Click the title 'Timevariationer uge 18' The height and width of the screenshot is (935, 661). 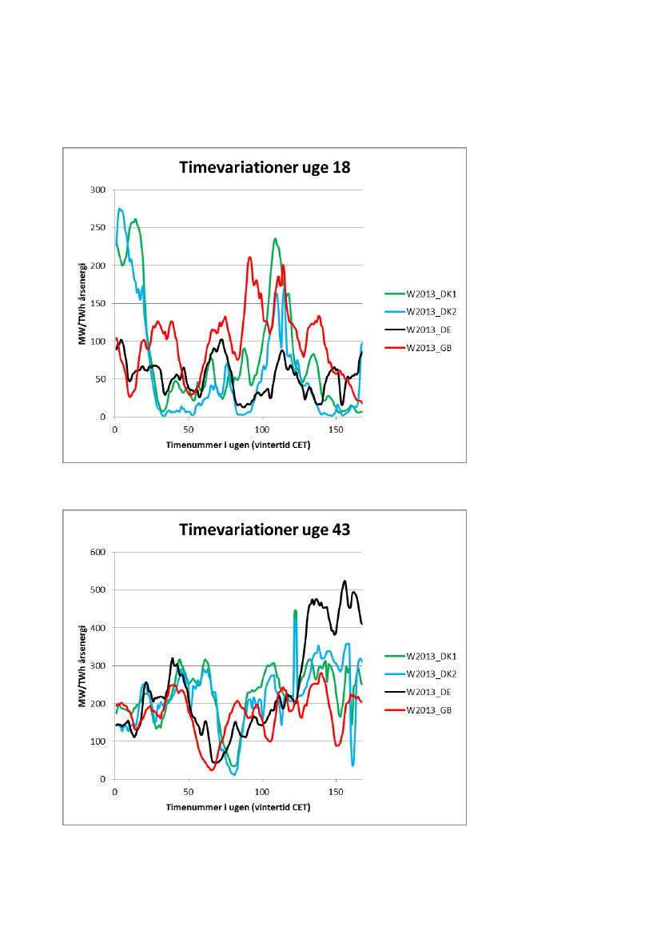pos(265,168)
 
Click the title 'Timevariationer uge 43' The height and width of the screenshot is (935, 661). pos(265,529)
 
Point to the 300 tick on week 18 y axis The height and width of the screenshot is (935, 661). pos(98,190)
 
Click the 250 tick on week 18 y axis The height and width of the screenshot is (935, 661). pos(98,228)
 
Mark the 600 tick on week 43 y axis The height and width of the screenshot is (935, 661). pos(98,552)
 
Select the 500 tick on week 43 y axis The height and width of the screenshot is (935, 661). pos(98,590)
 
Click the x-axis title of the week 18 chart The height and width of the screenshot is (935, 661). pos(238,444)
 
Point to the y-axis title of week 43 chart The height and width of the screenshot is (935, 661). pos(82,665)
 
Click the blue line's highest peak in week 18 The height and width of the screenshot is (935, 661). pos(121,209)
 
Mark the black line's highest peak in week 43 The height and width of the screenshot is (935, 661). pos(344,581)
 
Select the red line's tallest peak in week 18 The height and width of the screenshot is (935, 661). pos(250,258)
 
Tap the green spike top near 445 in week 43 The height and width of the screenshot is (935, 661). pos(295,611)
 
